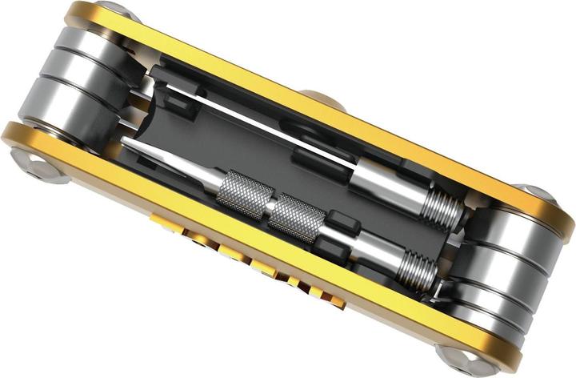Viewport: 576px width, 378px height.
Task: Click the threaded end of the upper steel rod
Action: pos(442,207)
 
